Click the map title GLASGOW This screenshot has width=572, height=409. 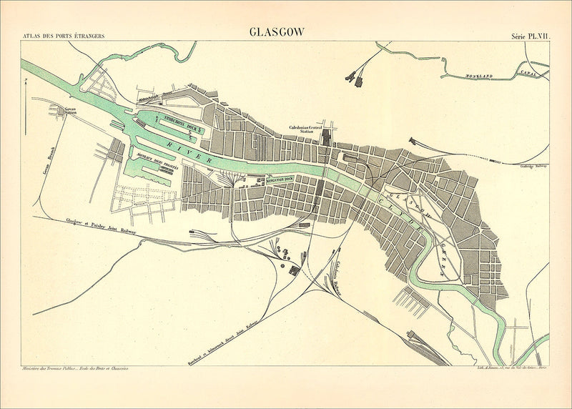277,31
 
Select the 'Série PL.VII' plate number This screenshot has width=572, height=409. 530,35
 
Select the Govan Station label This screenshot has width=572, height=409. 69,112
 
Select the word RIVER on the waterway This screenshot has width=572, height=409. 189,152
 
